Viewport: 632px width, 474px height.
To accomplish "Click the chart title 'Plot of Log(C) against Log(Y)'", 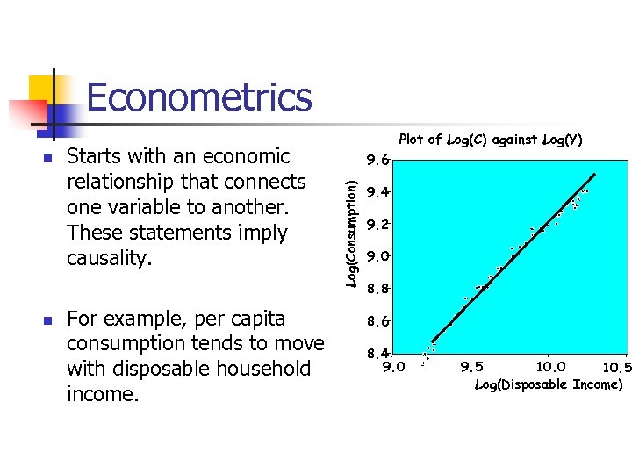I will [490, 140].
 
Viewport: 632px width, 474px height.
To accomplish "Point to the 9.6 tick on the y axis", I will [377, 161].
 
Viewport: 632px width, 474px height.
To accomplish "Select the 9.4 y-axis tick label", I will [377, 192].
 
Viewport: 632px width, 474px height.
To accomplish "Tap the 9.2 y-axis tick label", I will [377, 225].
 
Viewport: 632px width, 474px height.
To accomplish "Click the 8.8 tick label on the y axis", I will [377, 289].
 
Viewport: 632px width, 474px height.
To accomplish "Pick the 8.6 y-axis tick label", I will [377, 322].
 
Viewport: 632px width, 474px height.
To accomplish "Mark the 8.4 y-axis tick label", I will [377, 354].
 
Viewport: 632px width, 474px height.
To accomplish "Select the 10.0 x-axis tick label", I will [551, 367].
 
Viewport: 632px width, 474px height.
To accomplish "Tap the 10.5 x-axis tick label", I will [616, 367].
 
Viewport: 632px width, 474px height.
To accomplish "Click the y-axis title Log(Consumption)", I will [351, 233].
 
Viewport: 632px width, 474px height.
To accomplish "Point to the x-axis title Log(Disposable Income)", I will [549, 384].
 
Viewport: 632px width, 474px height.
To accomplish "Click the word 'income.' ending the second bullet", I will [103, 394].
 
